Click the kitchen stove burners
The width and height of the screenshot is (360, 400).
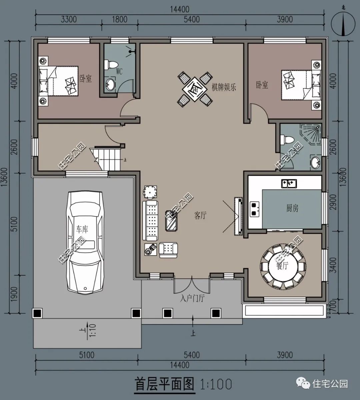click(255, 208)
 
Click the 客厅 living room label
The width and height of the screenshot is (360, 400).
click(200, 216)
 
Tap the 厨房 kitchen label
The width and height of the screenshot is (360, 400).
click(292, 209)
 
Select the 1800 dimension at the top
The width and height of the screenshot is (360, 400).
click(119, 19)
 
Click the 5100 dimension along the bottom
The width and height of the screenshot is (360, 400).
click(86, 355)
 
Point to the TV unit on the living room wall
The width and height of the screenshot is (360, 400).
click(239, 216)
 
